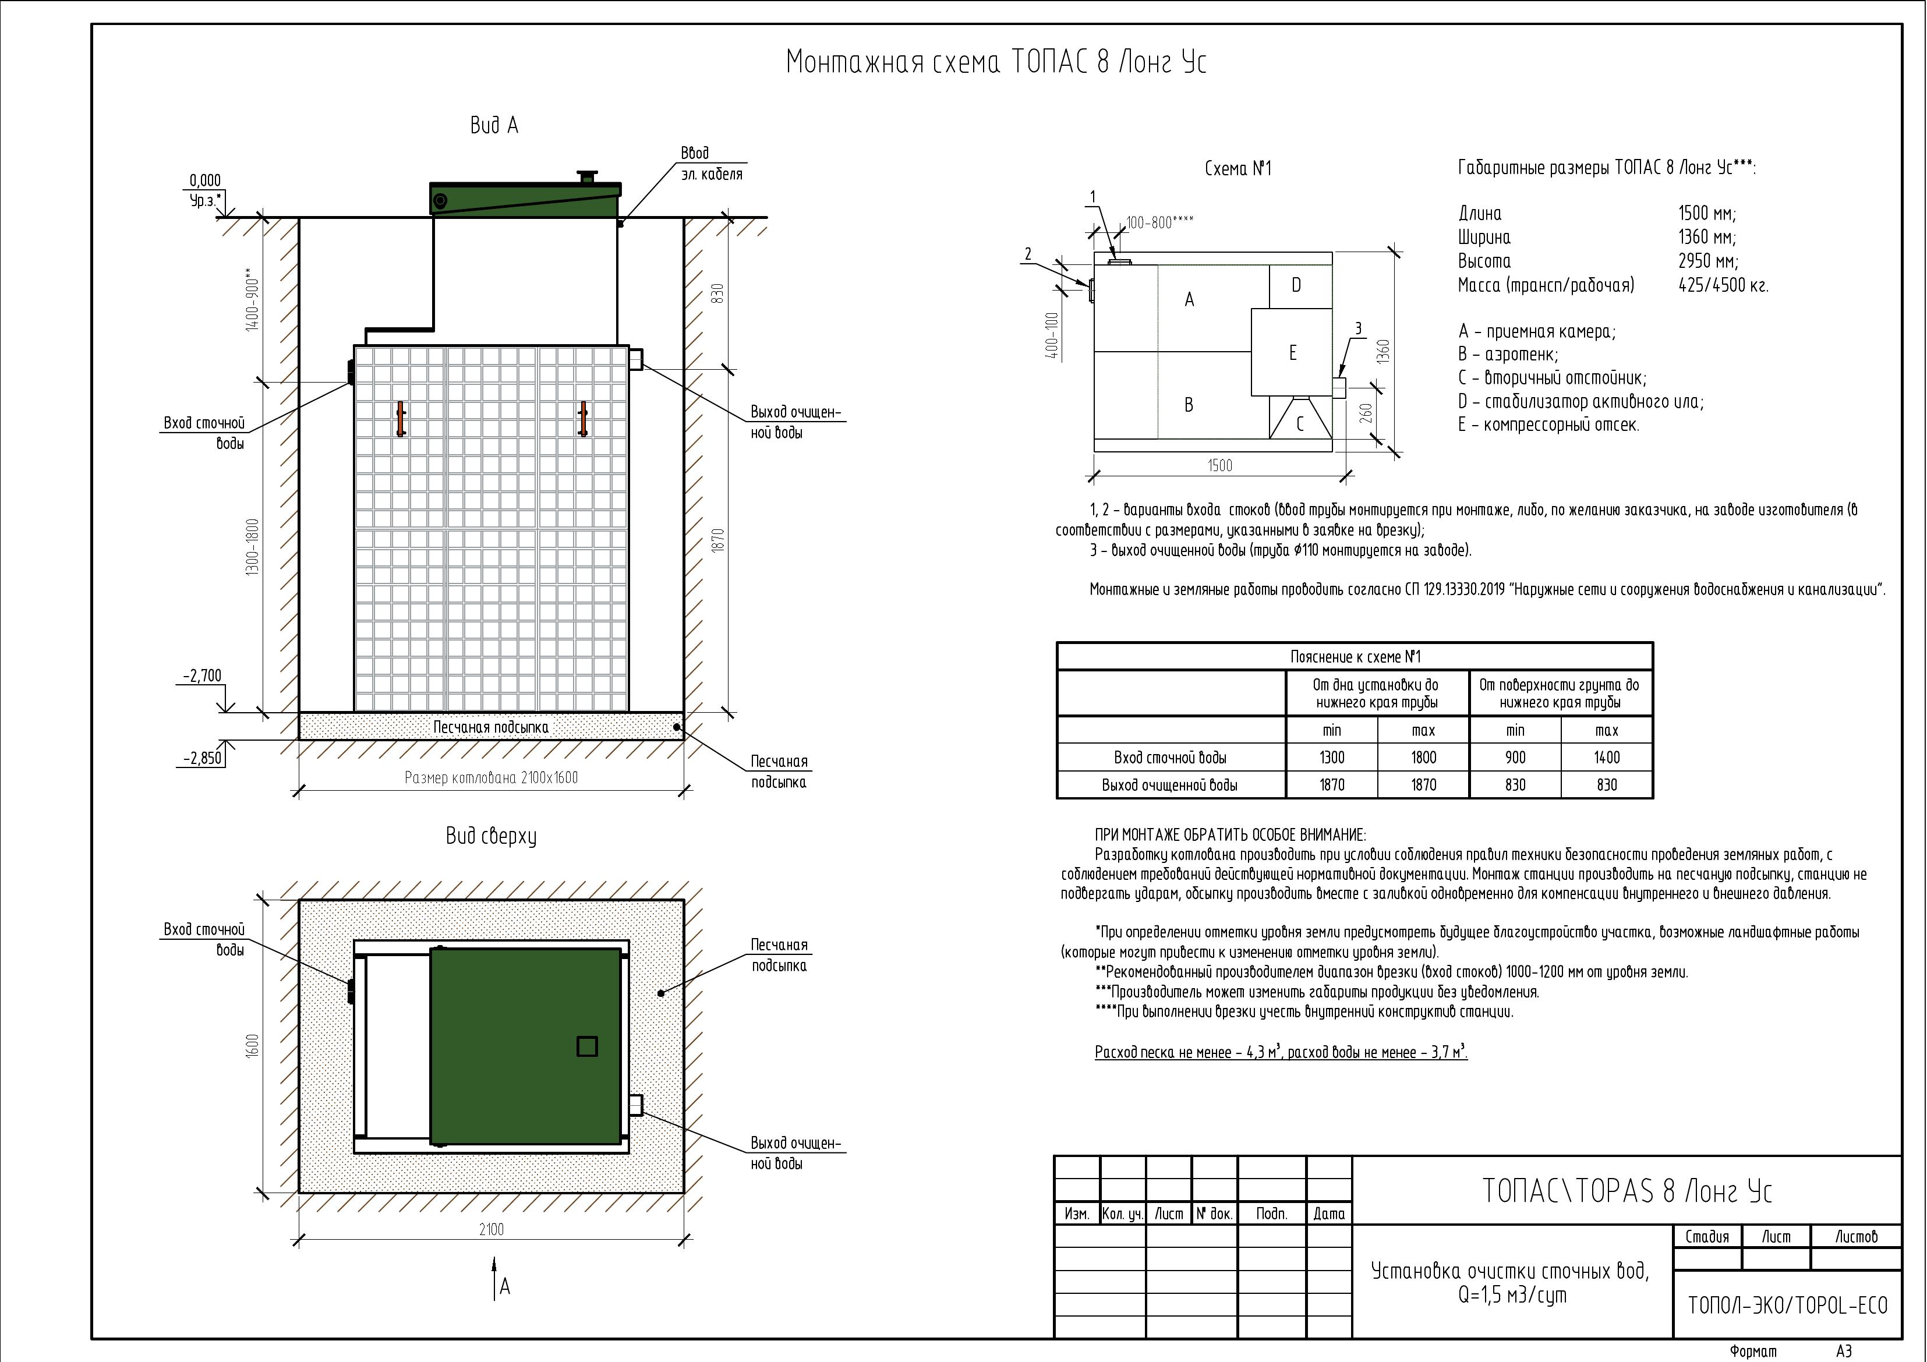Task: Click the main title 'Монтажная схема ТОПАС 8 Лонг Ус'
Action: point(996,63)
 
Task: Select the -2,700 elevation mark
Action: point(202,675)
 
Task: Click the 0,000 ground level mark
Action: point(205,181)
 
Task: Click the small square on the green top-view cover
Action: point(586,1046)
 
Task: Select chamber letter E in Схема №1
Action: point(1292,352)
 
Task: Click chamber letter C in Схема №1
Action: point(1299,424)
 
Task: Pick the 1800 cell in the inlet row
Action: point(1423,758)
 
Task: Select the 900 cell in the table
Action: point(1515,758)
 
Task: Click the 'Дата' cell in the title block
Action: point(1328,1214)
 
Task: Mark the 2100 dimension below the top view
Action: point(492,1229)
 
